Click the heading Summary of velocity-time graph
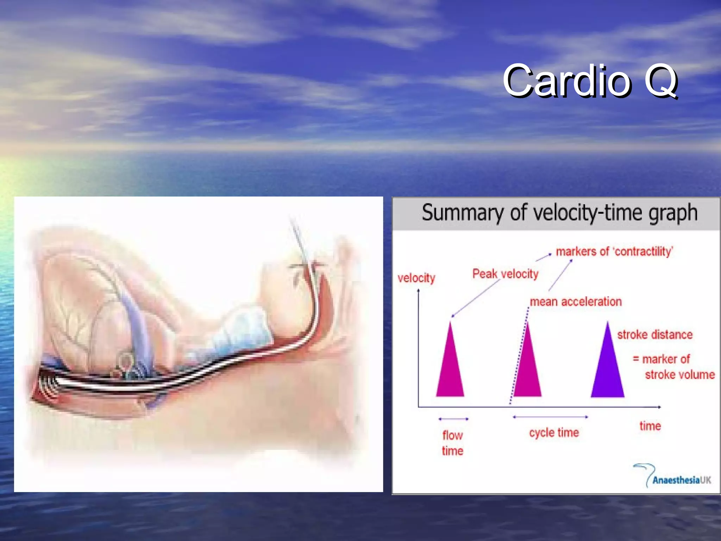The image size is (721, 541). coord(559,213)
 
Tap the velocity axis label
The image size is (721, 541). coord(416,278)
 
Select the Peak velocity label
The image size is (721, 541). coord(505,274)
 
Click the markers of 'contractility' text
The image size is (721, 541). coord(614,251)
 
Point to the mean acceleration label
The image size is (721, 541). coord(576,302)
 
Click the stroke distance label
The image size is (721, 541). coord(655,334)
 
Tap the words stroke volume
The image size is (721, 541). coord(679,374)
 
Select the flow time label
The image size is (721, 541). coord(452,443)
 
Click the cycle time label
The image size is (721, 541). coord(554,432)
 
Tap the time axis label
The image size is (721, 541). coord(650,426)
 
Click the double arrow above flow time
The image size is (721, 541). coord(453,419)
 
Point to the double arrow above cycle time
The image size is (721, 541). coord(550,417)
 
